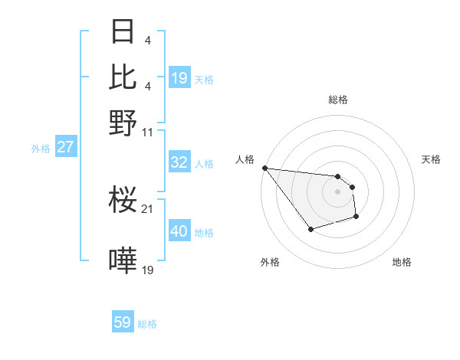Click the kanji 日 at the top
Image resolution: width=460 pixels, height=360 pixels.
tap(123, 32)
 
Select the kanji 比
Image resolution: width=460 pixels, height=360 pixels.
tap(123, 77)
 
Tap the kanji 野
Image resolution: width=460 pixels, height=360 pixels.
tap(123, 121)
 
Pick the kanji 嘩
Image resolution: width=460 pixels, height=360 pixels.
tap(123, 261)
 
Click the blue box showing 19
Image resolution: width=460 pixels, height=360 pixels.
tap(179, 78)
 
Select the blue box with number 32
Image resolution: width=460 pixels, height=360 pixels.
tap(179, 162)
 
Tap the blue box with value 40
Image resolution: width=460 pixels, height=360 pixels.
tap(179, 231)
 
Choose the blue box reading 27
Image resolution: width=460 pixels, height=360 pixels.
tap(65, 147)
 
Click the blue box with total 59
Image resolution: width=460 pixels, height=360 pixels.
tap(123, 322)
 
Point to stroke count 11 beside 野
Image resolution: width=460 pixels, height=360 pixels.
tap(148, 133)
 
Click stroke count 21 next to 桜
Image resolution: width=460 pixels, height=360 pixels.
tap(148, 209)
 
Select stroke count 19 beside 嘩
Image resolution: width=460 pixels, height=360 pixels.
tap(148, 270)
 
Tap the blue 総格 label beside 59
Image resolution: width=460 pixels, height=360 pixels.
tap(147, 324)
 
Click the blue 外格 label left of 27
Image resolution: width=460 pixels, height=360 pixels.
tap(41, 149)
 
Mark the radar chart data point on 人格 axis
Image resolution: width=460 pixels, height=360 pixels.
tap(264, 168)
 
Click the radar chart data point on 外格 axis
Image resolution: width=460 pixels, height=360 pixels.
tap(310, 229)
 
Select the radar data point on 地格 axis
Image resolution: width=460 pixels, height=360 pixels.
tap(356, 218)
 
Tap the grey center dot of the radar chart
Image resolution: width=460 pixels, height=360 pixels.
tap(337, 191)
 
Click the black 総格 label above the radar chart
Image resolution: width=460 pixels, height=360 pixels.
tap(337, 100)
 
